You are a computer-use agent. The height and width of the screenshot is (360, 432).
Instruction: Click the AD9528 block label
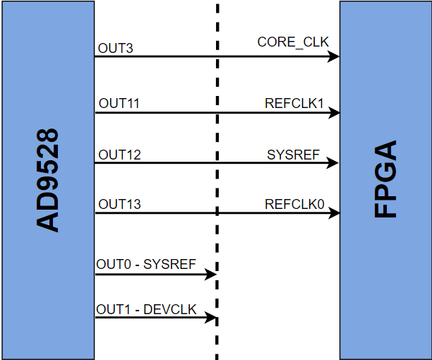(x=48, y=180)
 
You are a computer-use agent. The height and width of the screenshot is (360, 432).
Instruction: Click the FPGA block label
(x=385, y=180)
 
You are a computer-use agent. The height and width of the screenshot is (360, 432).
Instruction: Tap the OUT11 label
(x=119, y=104)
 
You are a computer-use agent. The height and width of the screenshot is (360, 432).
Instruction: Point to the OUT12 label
(x=119, y=155)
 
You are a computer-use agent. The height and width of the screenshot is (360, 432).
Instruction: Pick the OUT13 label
(x=119, y=205)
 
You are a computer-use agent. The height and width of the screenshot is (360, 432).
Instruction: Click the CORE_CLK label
(x=293, y=42)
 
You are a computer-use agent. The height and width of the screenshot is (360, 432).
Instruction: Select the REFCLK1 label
(x=294, y=104)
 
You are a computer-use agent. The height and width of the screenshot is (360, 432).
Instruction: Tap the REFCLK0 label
(x=294, y=205)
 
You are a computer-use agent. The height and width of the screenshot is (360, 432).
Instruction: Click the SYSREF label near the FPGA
(x=294, y=155)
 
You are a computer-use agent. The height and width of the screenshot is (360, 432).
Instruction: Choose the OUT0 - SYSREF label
(x=145, y=265)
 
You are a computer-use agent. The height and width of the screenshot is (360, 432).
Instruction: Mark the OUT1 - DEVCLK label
(x=146, y=309)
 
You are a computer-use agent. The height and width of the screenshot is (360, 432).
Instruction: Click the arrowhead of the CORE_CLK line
(x=335, y=56)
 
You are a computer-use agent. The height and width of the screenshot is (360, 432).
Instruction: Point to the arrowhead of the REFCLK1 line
(x=335, y=112)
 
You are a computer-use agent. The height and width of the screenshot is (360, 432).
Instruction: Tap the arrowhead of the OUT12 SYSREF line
(x=335, y=163)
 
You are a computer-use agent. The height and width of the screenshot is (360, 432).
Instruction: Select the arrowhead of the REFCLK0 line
(x=335, y=212)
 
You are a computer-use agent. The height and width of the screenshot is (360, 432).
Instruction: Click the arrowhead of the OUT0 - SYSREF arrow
(x=210, y=274)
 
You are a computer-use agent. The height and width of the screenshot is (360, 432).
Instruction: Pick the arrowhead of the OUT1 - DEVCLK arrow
(x=210, y=318)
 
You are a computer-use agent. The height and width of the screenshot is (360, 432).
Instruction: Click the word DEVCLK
(x=171, y=309)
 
